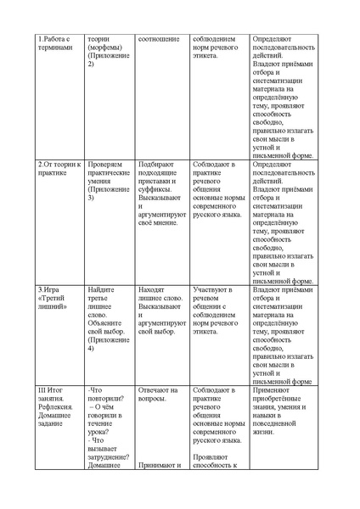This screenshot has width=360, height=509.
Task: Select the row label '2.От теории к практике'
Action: [59, 168]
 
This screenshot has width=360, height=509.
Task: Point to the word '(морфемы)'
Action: [106, 48]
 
